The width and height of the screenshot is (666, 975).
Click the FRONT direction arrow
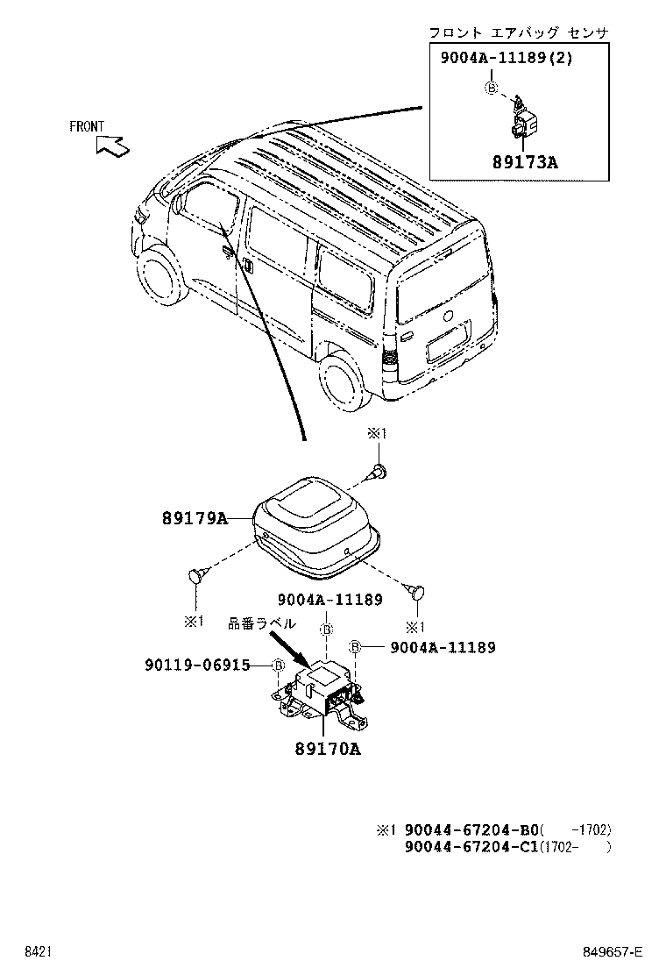(112, 145)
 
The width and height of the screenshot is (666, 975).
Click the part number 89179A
(194, 519)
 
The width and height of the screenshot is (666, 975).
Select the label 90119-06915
(197, 665)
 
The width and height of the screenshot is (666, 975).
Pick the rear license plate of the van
(447, 342)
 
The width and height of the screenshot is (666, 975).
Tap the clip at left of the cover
(198, 576)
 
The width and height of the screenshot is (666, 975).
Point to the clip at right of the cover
(417, 592)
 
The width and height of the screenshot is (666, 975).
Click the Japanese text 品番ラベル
(262, 623)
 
